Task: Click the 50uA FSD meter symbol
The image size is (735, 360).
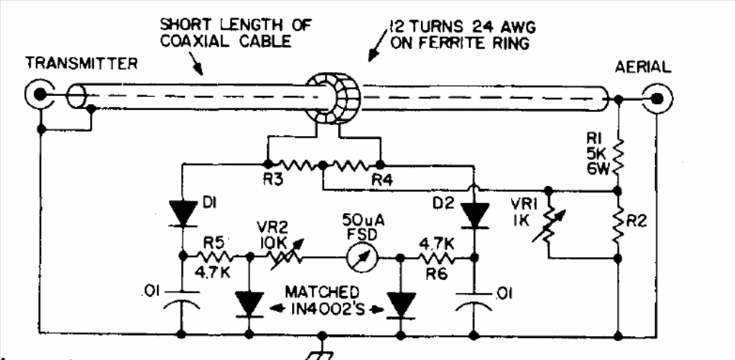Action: point(358,256)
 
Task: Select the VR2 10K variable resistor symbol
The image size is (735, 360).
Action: point(278,256)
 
